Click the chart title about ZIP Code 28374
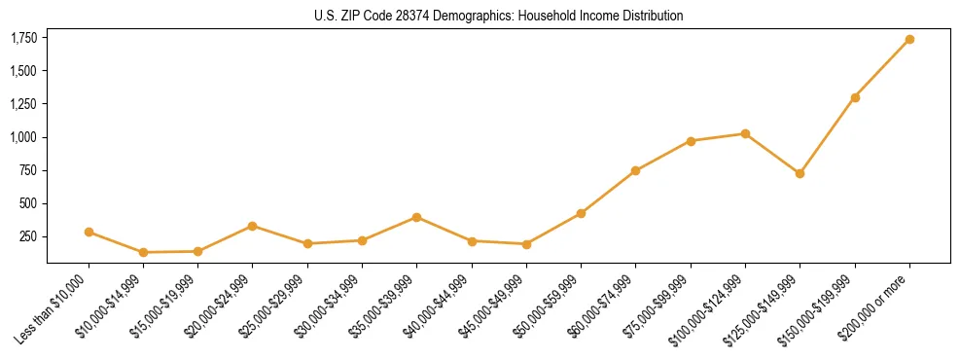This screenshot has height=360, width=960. point(499,16)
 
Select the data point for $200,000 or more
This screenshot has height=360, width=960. point(909,40)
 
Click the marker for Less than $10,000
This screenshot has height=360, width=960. point(89,232)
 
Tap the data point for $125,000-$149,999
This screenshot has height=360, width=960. point(800,174)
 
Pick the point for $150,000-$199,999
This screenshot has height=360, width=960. point(855,97)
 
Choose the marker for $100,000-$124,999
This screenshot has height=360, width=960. point(745,133)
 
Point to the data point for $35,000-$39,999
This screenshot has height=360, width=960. point(416,217)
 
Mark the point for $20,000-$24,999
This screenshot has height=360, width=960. point(253,226)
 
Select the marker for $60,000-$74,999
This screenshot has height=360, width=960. point(635,170)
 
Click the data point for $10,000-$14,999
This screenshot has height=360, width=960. point(143,252)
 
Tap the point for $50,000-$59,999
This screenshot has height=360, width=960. point(581,213)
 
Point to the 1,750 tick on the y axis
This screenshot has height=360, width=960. point(23,38)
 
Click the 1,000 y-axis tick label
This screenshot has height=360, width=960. point(23,137)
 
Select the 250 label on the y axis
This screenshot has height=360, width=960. point(28,236)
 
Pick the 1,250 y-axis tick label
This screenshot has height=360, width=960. point(23,104)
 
